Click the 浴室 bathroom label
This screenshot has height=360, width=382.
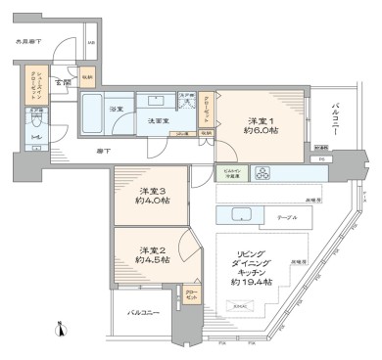pyautogui.click(x=116, y=109)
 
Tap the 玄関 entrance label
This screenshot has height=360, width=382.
pyautogui.click(x=61, y=82)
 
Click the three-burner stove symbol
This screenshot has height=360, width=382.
pyautogui.click(x=263, y=174)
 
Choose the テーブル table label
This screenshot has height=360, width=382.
pyautogui.click(x=287, y=218)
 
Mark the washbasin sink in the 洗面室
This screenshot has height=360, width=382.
pyautogui.click(x=156, y=101)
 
